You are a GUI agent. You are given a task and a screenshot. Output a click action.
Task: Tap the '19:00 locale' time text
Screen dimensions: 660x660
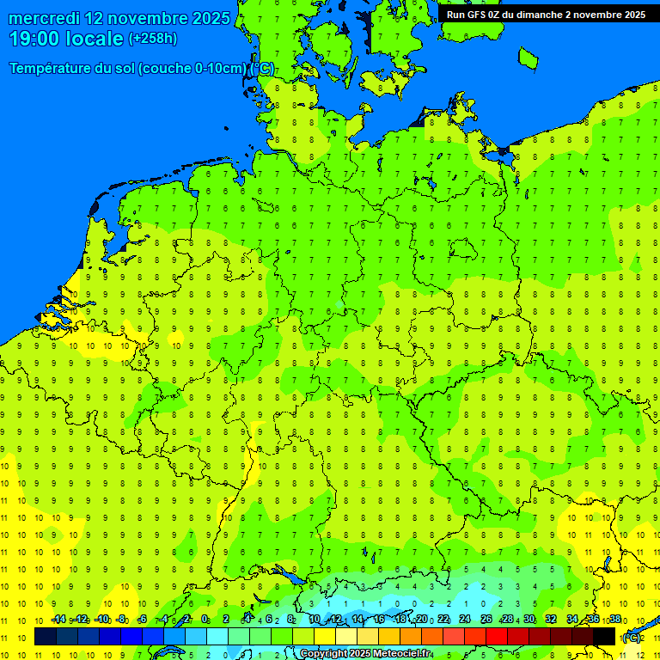tap(66, 39)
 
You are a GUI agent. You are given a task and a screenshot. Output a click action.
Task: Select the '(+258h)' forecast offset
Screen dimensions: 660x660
tap(152, 39)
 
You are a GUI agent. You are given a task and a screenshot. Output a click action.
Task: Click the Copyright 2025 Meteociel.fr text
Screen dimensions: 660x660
tap(365, 654)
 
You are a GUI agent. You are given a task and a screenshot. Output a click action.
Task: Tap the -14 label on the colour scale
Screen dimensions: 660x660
tap(58, 620)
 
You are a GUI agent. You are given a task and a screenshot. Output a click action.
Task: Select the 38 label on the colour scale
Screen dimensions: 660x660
tap(615, 620)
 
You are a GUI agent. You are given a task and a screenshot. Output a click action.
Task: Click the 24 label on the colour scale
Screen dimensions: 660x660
tap(465, 620)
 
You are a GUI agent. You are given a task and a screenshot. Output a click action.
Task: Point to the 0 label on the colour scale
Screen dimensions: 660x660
tap(205, 620)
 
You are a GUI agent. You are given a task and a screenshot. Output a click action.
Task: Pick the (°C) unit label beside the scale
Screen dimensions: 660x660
tap(631, 638)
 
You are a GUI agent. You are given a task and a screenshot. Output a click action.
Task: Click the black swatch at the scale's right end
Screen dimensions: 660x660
tap(604, 637)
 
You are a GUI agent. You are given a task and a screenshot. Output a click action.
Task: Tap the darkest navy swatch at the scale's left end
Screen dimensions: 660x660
tap(46, 637)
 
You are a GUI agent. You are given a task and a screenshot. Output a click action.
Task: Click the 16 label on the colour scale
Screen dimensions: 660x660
tap(379, 620)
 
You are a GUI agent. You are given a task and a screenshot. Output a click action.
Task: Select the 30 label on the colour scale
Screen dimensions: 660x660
tap(529, 620)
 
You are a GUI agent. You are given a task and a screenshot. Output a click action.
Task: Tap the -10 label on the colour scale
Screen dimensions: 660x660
tap(101, 620)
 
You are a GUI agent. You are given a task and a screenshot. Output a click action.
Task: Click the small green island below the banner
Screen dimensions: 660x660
tap(529, 57)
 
